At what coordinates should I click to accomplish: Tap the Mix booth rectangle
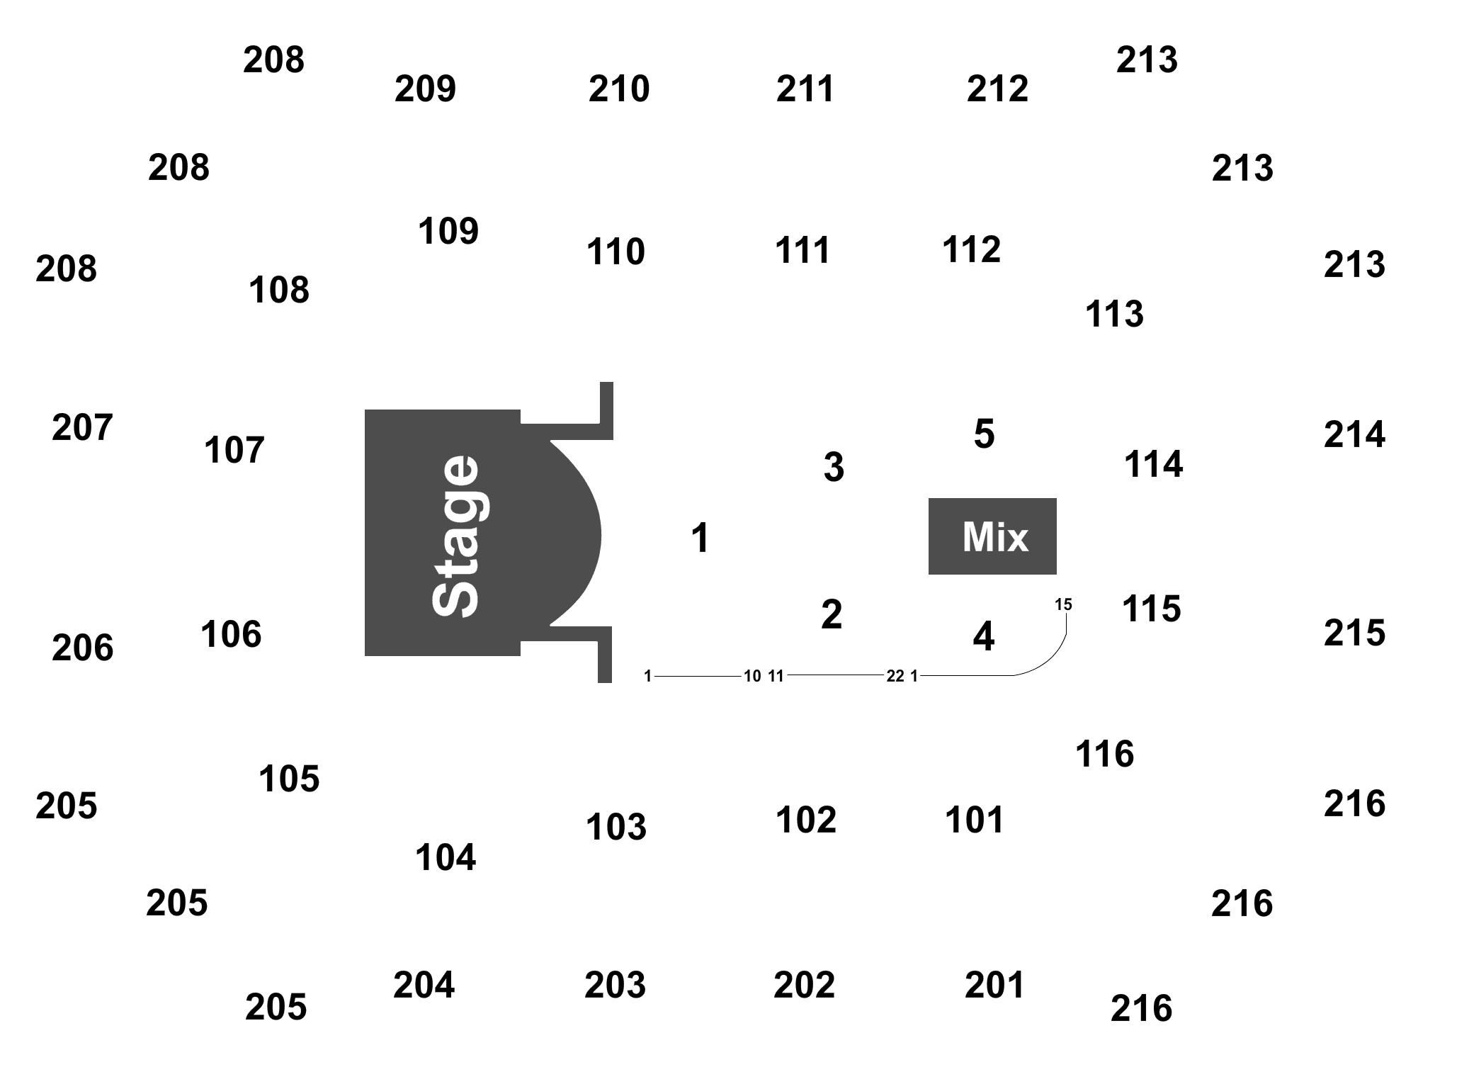pyautogui.click(x=992, y=536)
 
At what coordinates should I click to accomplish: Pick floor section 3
pyautogui.click(x=834, y=467)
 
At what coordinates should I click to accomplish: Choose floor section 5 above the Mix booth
pyautogui.click(x=984, y=434)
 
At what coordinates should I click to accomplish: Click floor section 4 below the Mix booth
pyautogui.click(x=983, y=636)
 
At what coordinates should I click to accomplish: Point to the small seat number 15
pyautogui.click(x=1063, y=604)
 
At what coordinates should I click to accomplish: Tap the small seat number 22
pyautogui.click(x=895, y=676)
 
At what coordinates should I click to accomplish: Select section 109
pyautogui.click(x=448, y=231)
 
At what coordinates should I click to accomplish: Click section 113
pyautogui.click(x=1114, y=313)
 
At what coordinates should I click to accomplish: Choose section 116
pyautogui.click(x=1104, y=754)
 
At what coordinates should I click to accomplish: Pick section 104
pyautogui.click(x=445, y=857)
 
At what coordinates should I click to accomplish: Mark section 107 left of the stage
pyautogui.click(x=234, y=450)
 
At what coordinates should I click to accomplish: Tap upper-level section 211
pyautogui.click(x=805, y=89)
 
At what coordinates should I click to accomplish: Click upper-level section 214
pyautogui.click(x=1354, y=434)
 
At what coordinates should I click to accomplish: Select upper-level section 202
pyautogui.click(x=804, y=985)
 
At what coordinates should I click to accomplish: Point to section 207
pyautogui.click(x=82, y=427)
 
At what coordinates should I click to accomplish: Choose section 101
pyautogui.click(x=974, y=820)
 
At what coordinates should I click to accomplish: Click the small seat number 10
pyautogui.click(x=751, y=676)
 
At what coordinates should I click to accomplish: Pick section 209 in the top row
pyautogui.click(x=425, y=89)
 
